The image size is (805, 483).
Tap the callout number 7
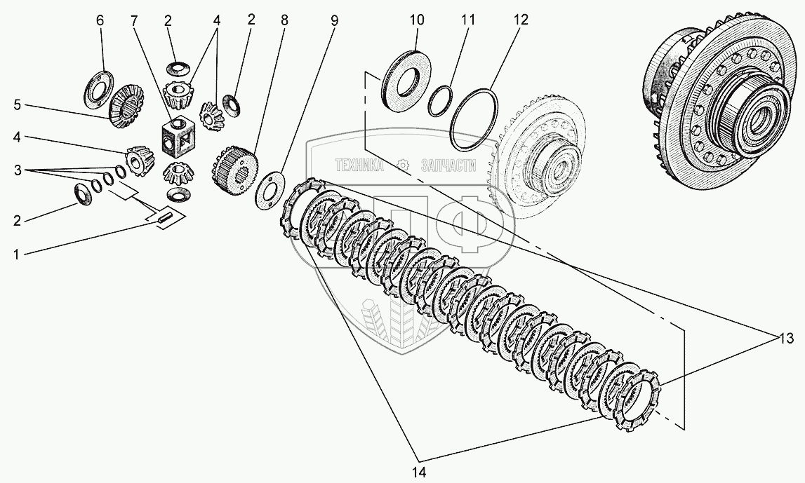point(133,21)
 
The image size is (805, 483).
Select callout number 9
point(334,21)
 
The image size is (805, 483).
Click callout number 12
point(520,21)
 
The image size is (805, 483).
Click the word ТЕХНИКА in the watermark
point(359,165)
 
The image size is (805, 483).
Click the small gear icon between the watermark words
point(402,165)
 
